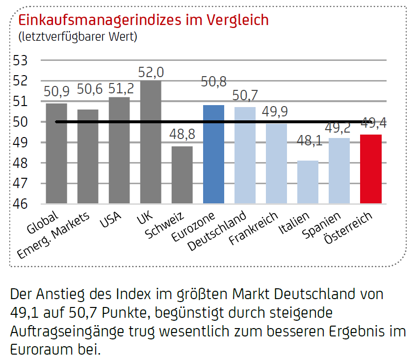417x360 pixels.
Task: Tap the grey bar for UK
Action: pos(151,142)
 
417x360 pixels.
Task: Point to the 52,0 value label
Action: pos(151,73)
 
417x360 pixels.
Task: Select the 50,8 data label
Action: pos(213,82)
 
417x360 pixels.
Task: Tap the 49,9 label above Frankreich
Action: pos(276,111)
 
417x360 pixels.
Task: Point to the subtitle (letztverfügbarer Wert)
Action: pos(78,36)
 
